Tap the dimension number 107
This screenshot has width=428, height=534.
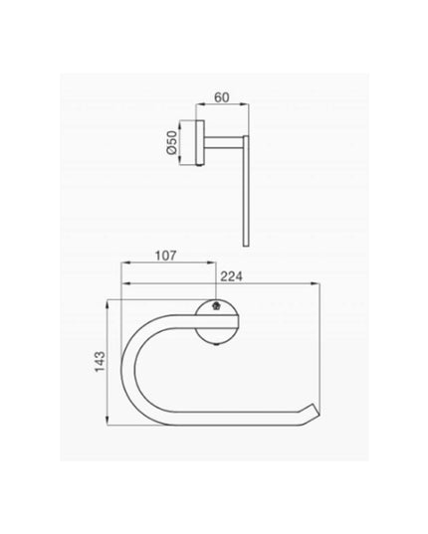pos(166,256)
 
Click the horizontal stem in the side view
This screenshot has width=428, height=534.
pos(223,140)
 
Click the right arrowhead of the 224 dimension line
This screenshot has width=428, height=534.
pos(320,283)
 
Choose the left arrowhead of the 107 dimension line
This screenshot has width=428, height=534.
pos(124,265)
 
